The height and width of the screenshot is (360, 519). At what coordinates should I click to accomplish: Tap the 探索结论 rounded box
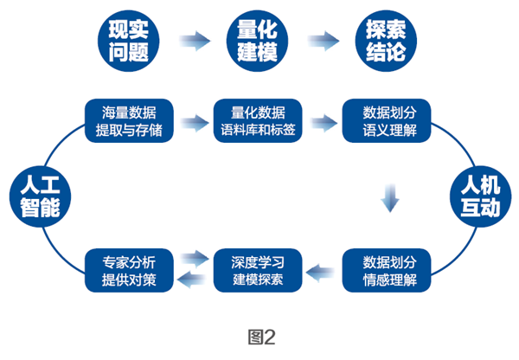pyautogui.click(x=385, y=40)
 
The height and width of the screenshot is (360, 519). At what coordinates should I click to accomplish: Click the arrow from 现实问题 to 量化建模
pyautogui.click(x=193, y=40)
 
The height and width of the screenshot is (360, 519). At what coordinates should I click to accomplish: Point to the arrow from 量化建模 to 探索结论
pyautogui.click(x=321, y=40)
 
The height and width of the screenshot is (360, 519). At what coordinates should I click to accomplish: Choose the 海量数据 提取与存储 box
pyautogui.click(x=129, y=121)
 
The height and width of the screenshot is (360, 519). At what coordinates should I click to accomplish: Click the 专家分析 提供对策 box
pyautogui.click(x=129, y=269)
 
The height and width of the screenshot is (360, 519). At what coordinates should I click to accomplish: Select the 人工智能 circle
pyautogui.click(x=38, y=196)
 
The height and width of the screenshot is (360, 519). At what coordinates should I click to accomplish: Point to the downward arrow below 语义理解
pyautogui.click(x=390, y=197)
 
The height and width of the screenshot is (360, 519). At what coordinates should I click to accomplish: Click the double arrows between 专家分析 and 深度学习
pyautogui.click(x=193, y=269)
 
